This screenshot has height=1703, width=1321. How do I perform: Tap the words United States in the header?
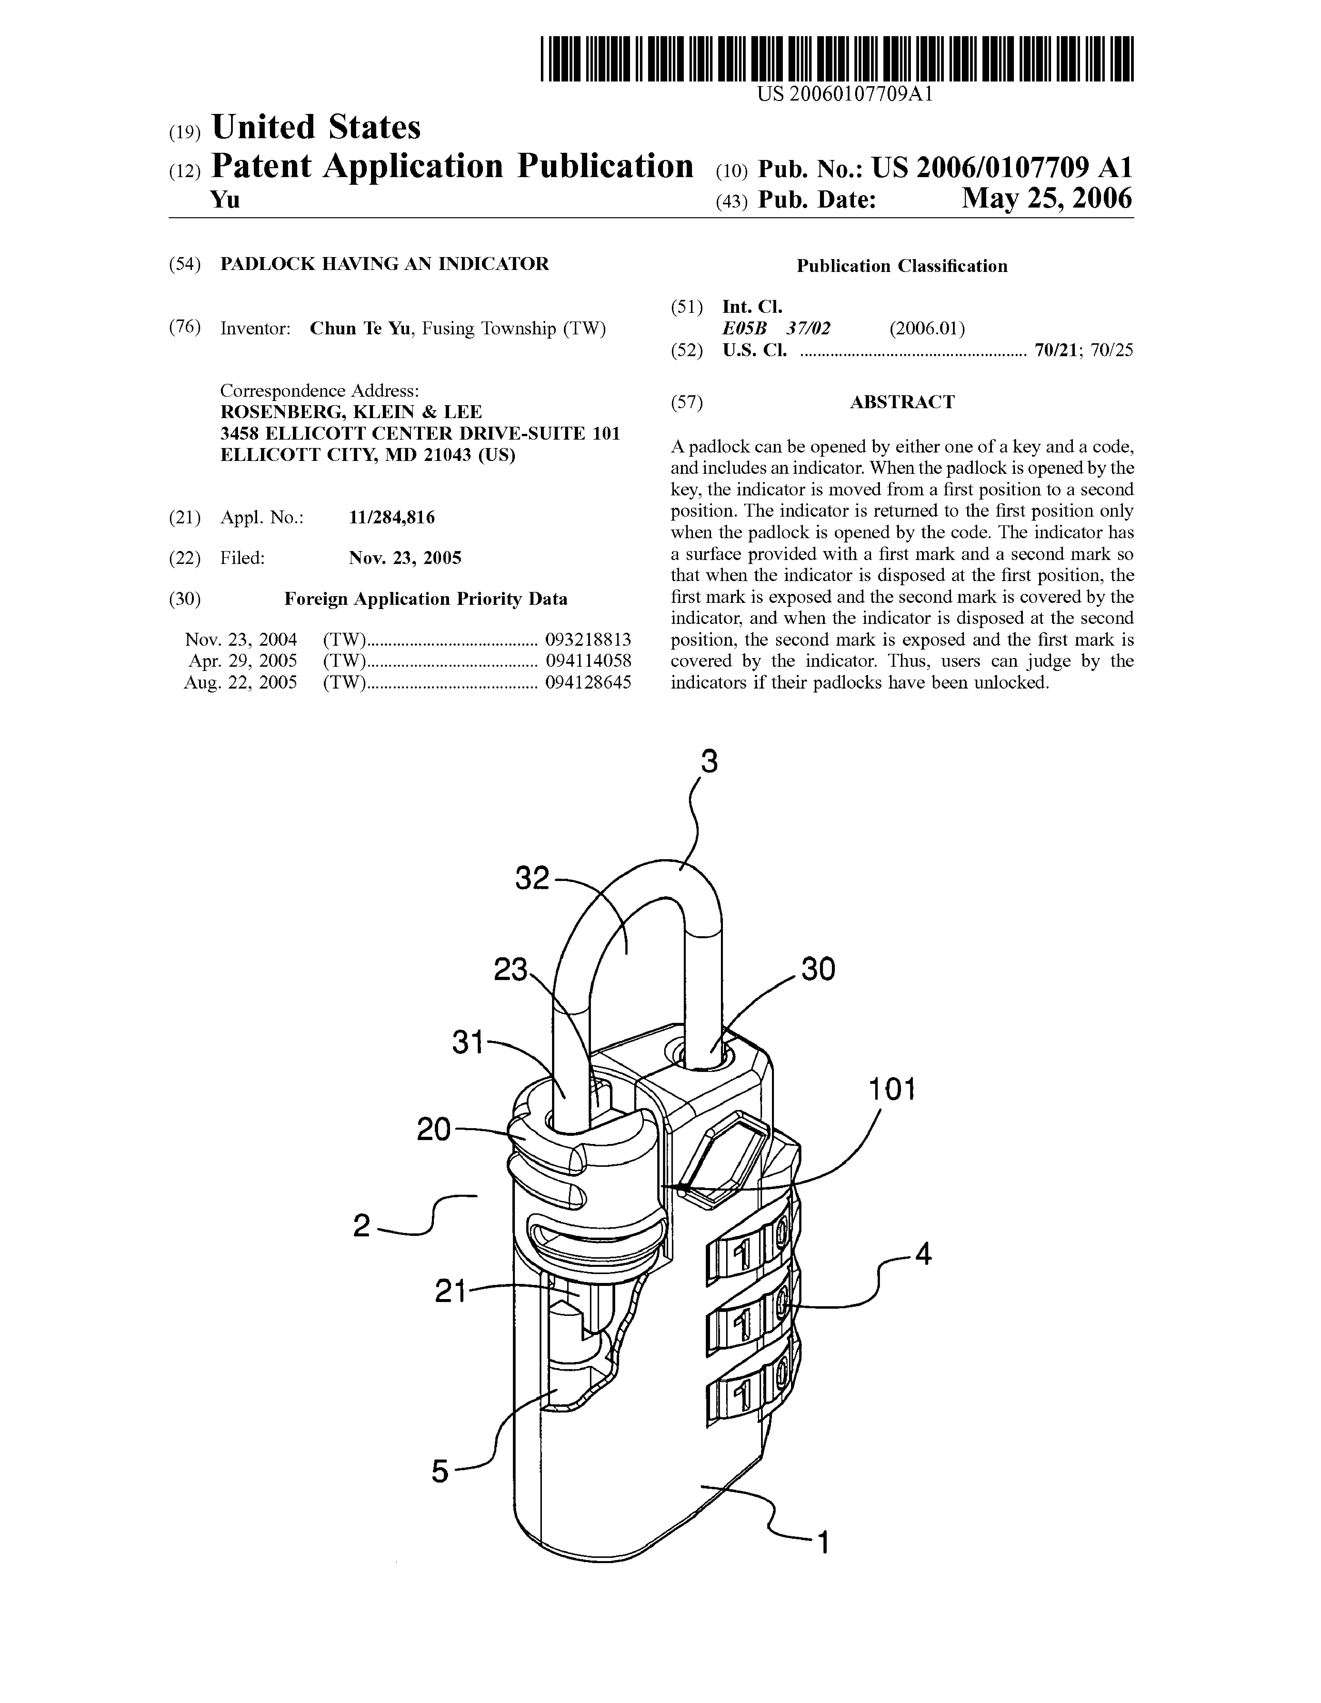coord(316,127)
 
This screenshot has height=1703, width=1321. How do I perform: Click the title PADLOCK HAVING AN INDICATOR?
coord(384,264)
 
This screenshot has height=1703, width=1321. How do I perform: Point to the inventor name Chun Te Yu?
coord(360,328)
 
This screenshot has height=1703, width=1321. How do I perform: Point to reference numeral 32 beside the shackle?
coord(533,879)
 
